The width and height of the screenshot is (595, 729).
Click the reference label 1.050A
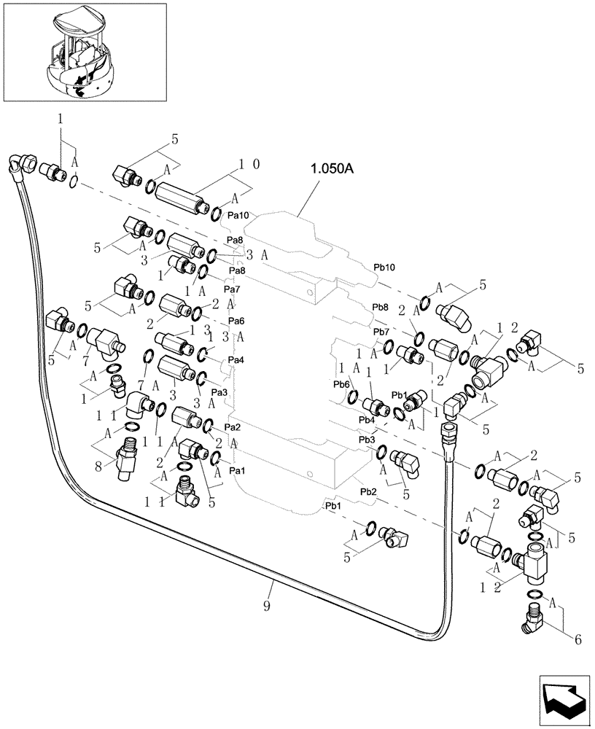point(331,169)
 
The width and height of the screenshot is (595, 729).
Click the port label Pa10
point(238,216)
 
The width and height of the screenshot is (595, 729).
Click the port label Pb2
point(368,493)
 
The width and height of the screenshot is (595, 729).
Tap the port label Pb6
point(341,385)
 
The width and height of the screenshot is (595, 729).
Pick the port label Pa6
point(236,321)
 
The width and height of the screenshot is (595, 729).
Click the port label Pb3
point(367,440)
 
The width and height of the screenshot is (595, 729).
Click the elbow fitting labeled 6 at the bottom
point(537,622)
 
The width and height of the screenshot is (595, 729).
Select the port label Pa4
point(236,360)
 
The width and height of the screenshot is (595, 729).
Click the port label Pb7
point(381,332)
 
